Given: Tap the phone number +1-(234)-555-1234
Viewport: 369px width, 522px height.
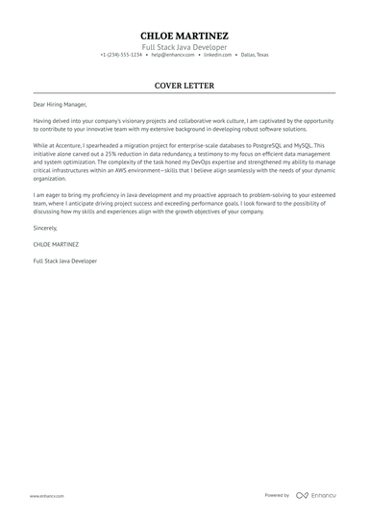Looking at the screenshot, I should point(121,55).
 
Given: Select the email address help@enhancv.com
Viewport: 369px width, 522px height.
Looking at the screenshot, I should point(171,55).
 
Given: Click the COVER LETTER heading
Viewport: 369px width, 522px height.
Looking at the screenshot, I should point(184,85).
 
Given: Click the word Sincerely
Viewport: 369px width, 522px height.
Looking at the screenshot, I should point(46,228).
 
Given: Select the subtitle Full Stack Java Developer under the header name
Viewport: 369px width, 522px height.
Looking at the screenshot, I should point(184,46).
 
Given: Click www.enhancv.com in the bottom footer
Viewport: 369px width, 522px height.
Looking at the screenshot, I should point(46,495).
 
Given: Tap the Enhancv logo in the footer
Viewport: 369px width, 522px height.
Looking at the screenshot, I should point(316,495).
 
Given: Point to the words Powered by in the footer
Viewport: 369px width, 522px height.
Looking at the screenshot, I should point(277,495).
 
